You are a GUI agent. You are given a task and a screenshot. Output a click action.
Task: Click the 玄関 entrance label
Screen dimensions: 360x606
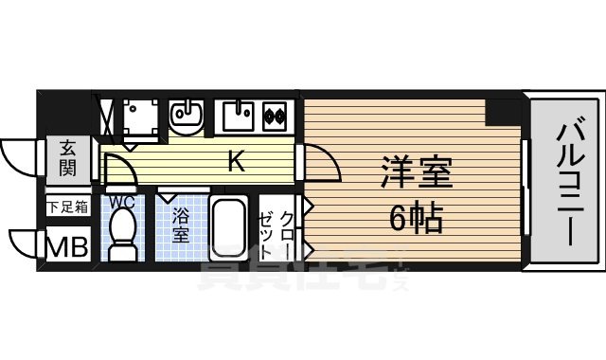(x=68, y=158)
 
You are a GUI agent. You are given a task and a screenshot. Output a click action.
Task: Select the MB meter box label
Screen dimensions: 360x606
(x=68, y=246)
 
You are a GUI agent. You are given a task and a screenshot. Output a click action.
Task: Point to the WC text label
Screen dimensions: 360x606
(x=121, y=202)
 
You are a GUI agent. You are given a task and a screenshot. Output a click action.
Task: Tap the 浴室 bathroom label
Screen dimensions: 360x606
(x=181, y=226)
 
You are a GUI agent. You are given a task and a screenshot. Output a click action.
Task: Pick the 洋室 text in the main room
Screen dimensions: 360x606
(x=418, y=174)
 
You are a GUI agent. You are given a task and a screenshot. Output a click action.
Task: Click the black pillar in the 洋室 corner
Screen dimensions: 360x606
(x=501, y=111)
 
